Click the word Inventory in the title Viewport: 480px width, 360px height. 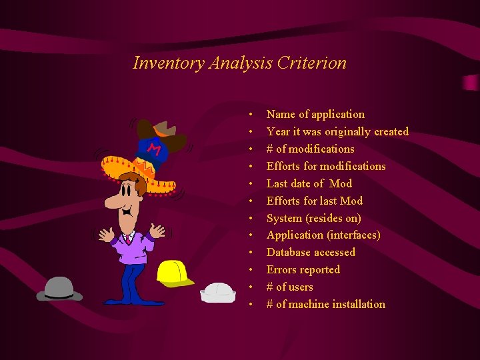(x=169, y=63)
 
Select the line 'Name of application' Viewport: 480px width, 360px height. (x=315, y=115)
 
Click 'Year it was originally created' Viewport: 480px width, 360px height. (x=337, y=132)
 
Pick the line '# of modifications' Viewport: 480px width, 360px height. (x=310, y=149)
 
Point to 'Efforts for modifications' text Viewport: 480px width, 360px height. (x=326, y=167)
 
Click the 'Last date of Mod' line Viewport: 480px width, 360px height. (x=309, y=184)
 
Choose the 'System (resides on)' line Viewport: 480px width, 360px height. (x=313, y=219)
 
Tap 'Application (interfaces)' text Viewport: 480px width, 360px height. (x=323, y=235)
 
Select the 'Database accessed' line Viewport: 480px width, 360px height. (x=311, y=253)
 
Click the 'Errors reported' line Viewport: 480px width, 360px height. (x=303, y=270)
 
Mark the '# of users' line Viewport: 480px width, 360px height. (x=289, y=287)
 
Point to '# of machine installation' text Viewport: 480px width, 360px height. (x=325, y=305)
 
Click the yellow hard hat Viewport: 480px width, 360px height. (x=174, y=273)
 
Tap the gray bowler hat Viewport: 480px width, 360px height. (x=59, y=288)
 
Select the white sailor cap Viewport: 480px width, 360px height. (x=218, y=291)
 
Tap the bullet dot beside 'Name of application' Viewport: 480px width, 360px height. (x=251, y=115)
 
